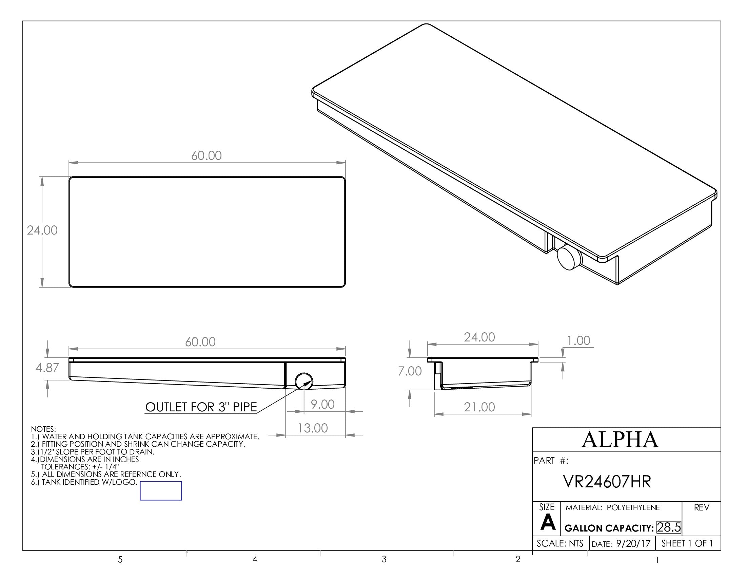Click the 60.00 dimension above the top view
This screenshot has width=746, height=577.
tap(206, 156)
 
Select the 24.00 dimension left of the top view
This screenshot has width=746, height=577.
tap(42, 230)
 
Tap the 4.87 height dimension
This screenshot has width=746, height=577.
tap(47, 368)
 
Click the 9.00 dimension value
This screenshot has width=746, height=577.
tap(322, 404)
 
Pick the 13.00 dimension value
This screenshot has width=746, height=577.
tap(313, 428)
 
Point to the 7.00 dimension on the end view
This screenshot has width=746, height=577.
tap(410, 371)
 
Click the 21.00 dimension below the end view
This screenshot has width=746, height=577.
tap(479, 407)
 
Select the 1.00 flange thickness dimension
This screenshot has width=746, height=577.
tap(578, 341)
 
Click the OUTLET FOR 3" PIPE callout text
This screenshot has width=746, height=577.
tap(201, 407)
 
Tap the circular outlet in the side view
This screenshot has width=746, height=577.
tap(303, 381)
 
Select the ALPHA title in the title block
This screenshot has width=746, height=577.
tap(620, 440)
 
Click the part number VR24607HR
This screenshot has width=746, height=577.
tap(607, 482)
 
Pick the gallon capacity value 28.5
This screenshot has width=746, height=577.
tap(668, 527)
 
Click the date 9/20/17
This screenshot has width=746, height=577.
tap(633, 544)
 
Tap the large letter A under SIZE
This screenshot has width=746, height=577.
tap(548, 523)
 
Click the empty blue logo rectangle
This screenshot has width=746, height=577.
tap(161, 491)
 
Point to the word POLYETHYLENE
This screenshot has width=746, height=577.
tap(633, 508)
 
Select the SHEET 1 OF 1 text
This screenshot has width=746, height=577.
tap(687, 543)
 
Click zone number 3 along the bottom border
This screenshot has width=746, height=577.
tap(384, 559)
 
